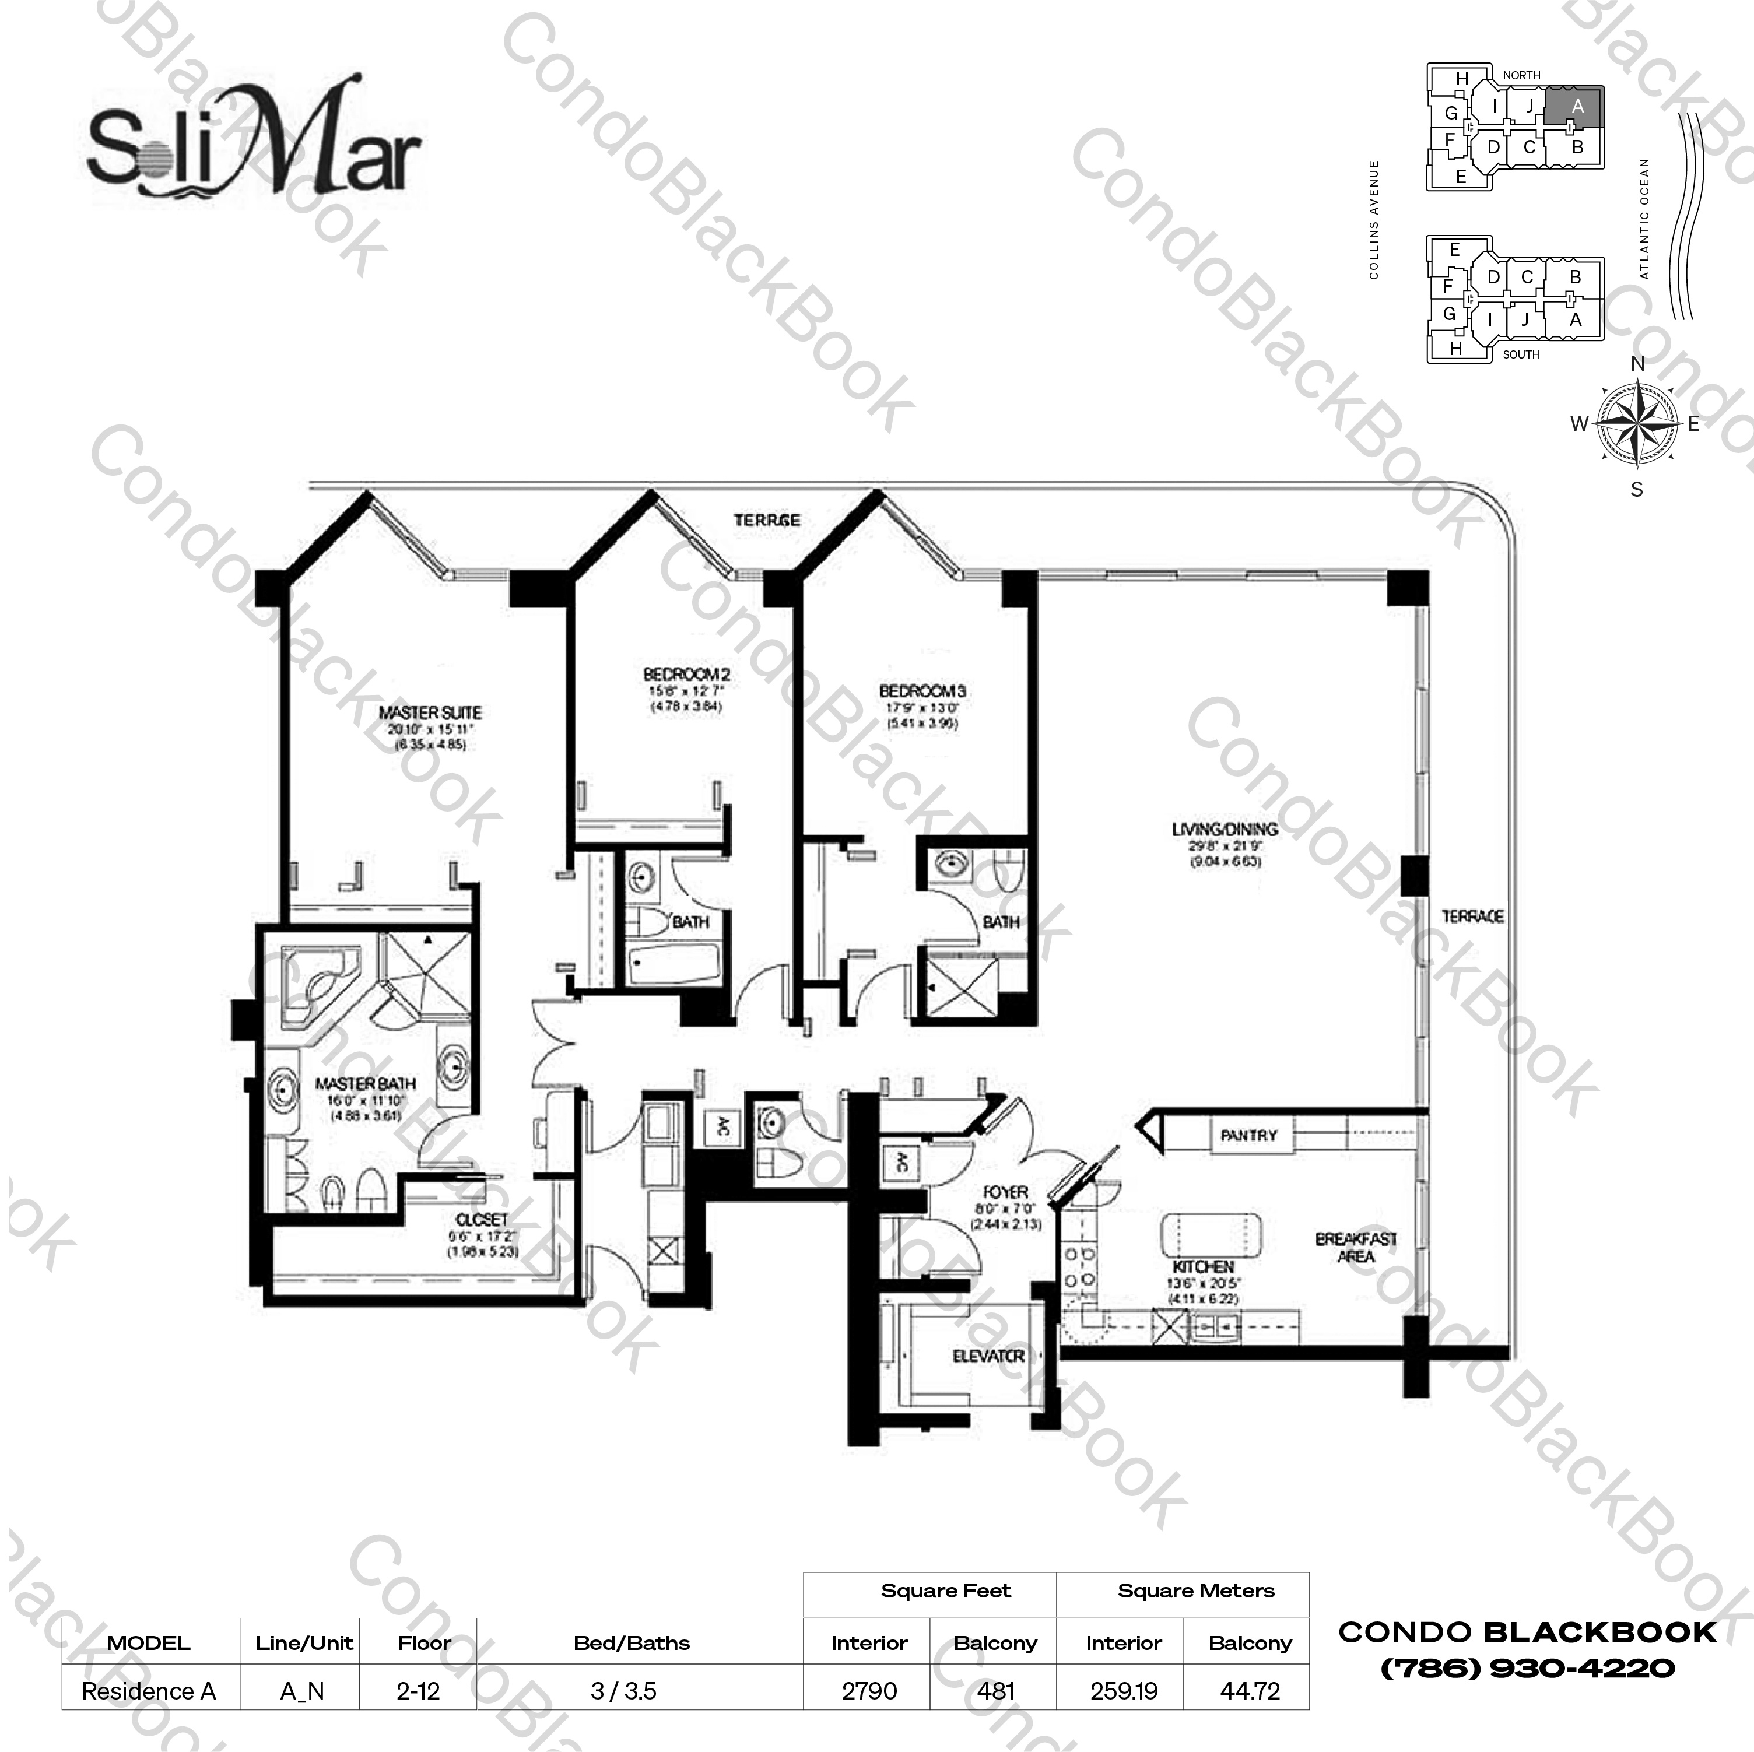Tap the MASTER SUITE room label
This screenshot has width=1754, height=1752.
point(430,712)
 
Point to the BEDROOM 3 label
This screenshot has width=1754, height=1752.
point(921,691)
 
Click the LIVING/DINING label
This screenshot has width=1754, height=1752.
point(1225,829)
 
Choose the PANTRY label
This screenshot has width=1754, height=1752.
point(1248,1136)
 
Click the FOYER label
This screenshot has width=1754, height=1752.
point(1005,1191)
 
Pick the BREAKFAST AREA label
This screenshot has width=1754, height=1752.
point(1356,1247)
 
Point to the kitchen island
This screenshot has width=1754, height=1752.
point(1211,1235)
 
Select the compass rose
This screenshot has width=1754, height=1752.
point(1636,424)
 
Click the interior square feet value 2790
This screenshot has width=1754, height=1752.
point(869,1691)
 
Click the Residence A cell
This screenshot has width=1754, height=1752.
point(149,1691)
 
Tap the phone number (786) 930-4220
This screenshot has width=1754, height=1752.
point(1528,1669)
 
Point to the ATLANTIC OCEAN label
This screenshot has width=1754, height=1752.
point(1645,218)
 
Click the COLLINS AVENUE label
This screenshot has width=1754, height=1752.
point(1374,220)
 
